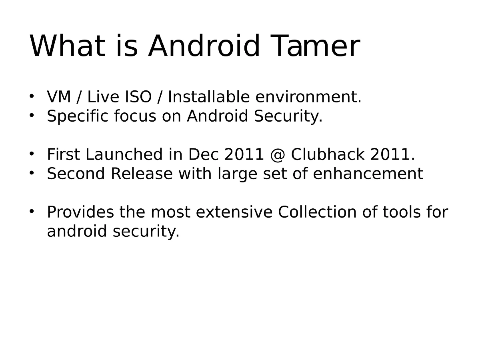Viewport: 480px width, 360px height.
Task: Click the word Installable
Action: (209, 97)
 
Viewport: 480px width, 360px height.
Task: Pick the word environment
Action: (308, 97)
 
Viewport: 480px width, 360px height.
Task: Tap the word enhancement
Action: (368, 174)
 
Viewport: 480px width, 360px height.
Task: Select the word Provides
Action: (80, 212)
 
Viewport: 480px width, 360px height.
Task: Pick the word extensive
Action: (233, 212)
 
